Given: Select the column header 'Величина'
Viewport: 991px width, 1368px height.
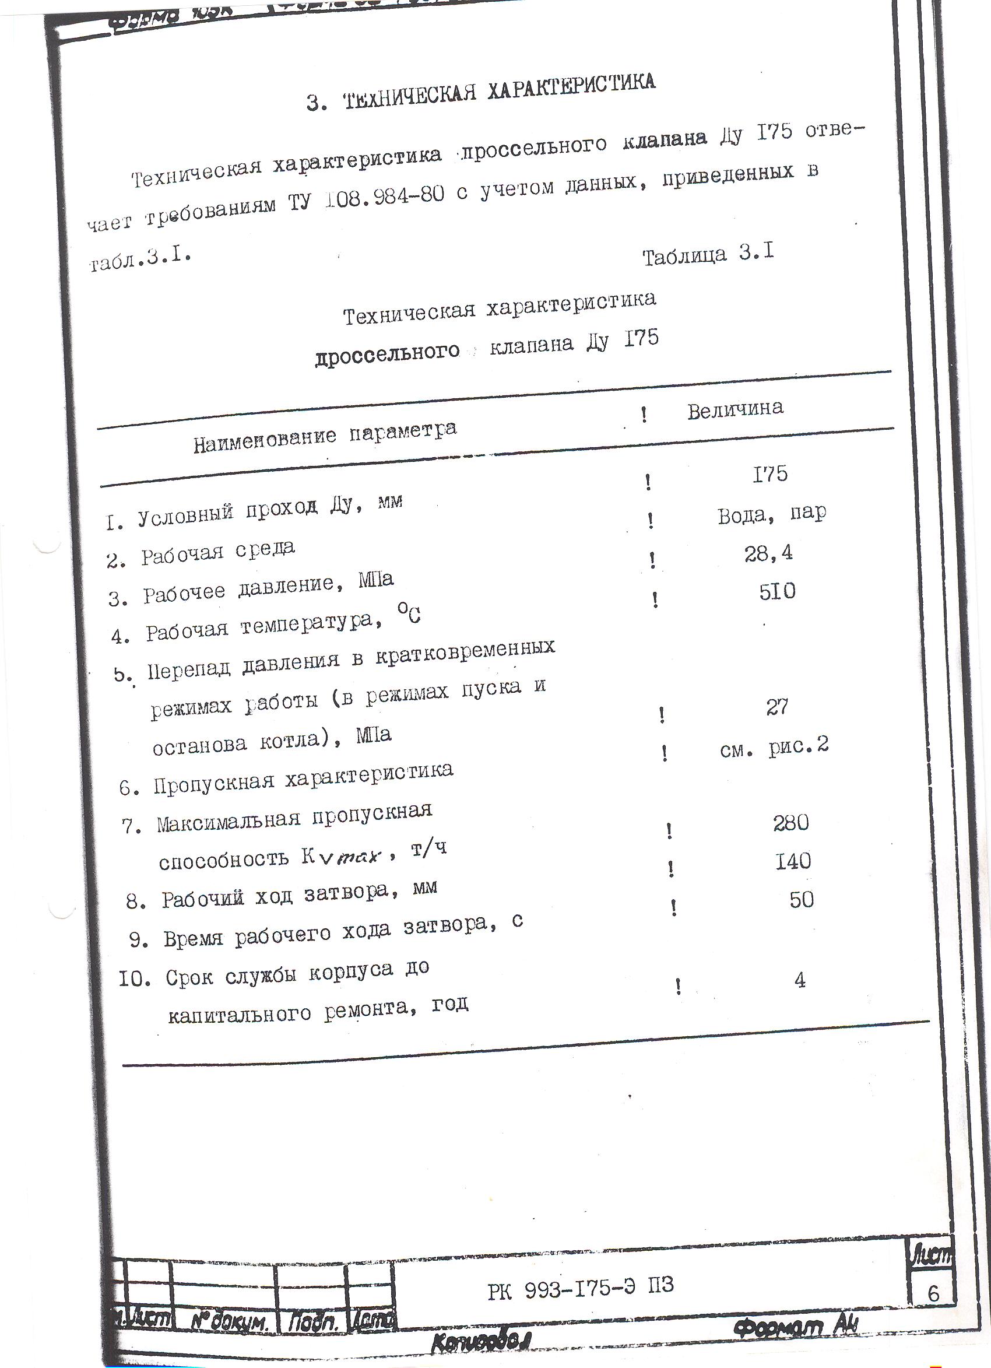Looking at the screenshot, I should pyautogui.click(x=735, y=409).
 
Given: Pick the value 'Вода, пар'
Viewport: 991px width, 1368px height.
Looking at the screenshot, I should pyautogui.click(x=771, y=514).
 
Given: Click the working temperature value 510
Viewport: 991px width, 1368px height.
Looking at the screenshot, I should pyautogui.click(x=777, y=591).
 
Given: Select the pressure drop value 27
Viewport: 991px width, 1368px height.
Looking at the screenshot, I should pyautogui.click(x=777, y=706).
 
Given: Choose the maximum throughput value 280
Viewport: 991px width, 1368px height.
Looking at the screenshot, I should pyautogui.click(x=790, y=823).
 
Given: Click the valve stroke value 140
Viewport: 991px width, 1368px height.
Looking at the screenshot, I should pyautogui.click(x=793, y=861).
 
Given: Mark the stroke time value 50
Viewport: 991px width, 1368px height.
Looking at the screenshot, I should pyautogui.click(x=801, y=900).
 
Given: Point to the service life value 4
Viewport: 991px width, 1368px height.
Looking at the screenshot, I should pyautogui.click(x=800, y=980).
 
